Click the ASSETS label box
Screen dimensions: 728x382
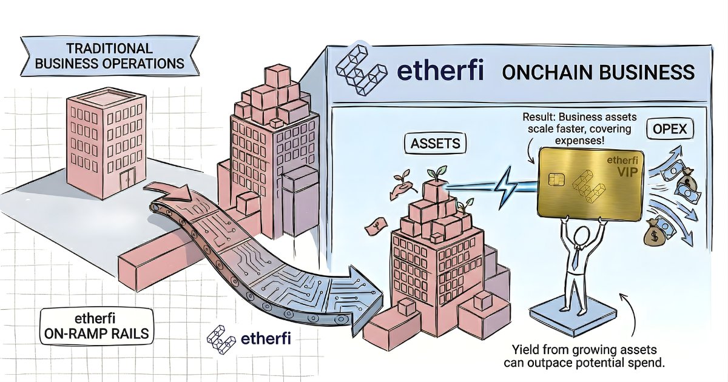435,143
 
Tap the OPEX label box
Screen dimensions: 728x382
670,129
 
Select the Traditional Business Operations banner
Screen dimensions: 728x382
110,56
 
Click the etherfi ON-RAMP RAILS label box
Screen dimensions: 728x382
96,326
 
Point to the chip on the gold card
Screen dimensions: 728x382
556,179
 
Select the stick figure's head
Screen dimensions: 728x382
581,236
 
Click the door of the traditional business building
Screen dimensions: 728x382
127,179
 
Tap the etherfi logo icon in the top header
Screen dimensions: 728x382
361,70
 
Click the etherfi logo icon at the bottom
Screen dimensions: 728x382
221,339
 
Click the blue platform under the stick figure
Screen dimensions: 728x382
573,318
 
